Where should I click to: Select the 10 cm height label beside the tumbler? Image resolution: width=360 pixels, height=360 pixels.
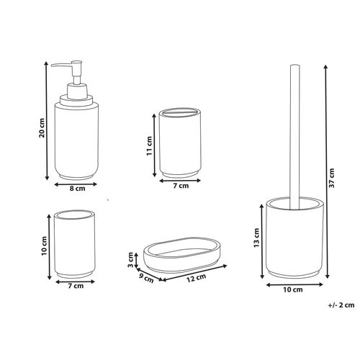[x=44, y=247]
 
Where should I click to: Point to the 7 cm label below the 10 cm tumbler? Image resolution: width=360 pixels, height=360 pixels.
[x=74, y=285]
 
